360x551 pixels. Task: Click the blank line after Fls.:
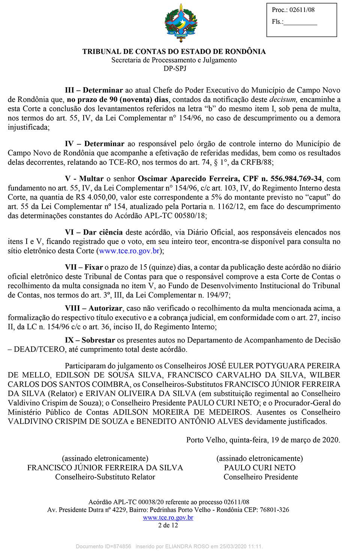300,22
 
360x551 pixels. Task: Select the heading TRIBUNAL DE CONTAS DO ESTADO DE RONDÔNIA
174,51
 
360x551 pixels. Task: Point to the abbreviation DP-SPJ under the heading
175,68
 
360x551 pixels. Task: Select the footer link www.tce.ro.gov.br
168,518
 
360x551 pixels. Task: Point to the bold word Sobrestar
98,340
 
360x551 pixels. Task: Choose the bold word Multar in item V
91,178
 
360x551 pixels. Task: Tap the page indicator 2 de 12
168,525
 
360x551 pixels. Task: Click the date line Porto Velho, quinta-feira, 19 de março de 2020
263,440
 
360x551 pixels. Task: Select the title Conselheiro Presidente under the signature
261,477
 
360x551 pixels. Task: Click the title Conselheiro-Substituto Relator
105,477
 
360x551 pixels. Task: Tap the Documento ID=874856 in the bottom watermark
103,547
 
